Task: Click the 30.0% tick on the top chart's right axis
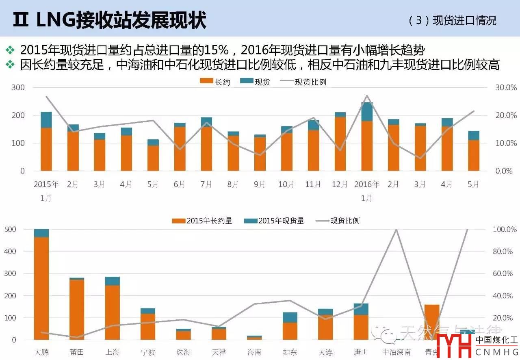point(505,88)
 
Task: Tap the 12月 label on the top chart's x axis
point(340,184)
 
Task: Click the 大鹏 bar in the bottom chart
point(41,284)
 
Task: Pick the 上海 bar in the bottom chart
point(112,308)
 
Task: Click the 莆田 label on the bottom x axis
point(76,352)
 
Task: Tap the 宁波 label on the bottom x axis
point(148,352)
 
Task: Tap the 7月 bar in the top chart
point(206,144)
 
